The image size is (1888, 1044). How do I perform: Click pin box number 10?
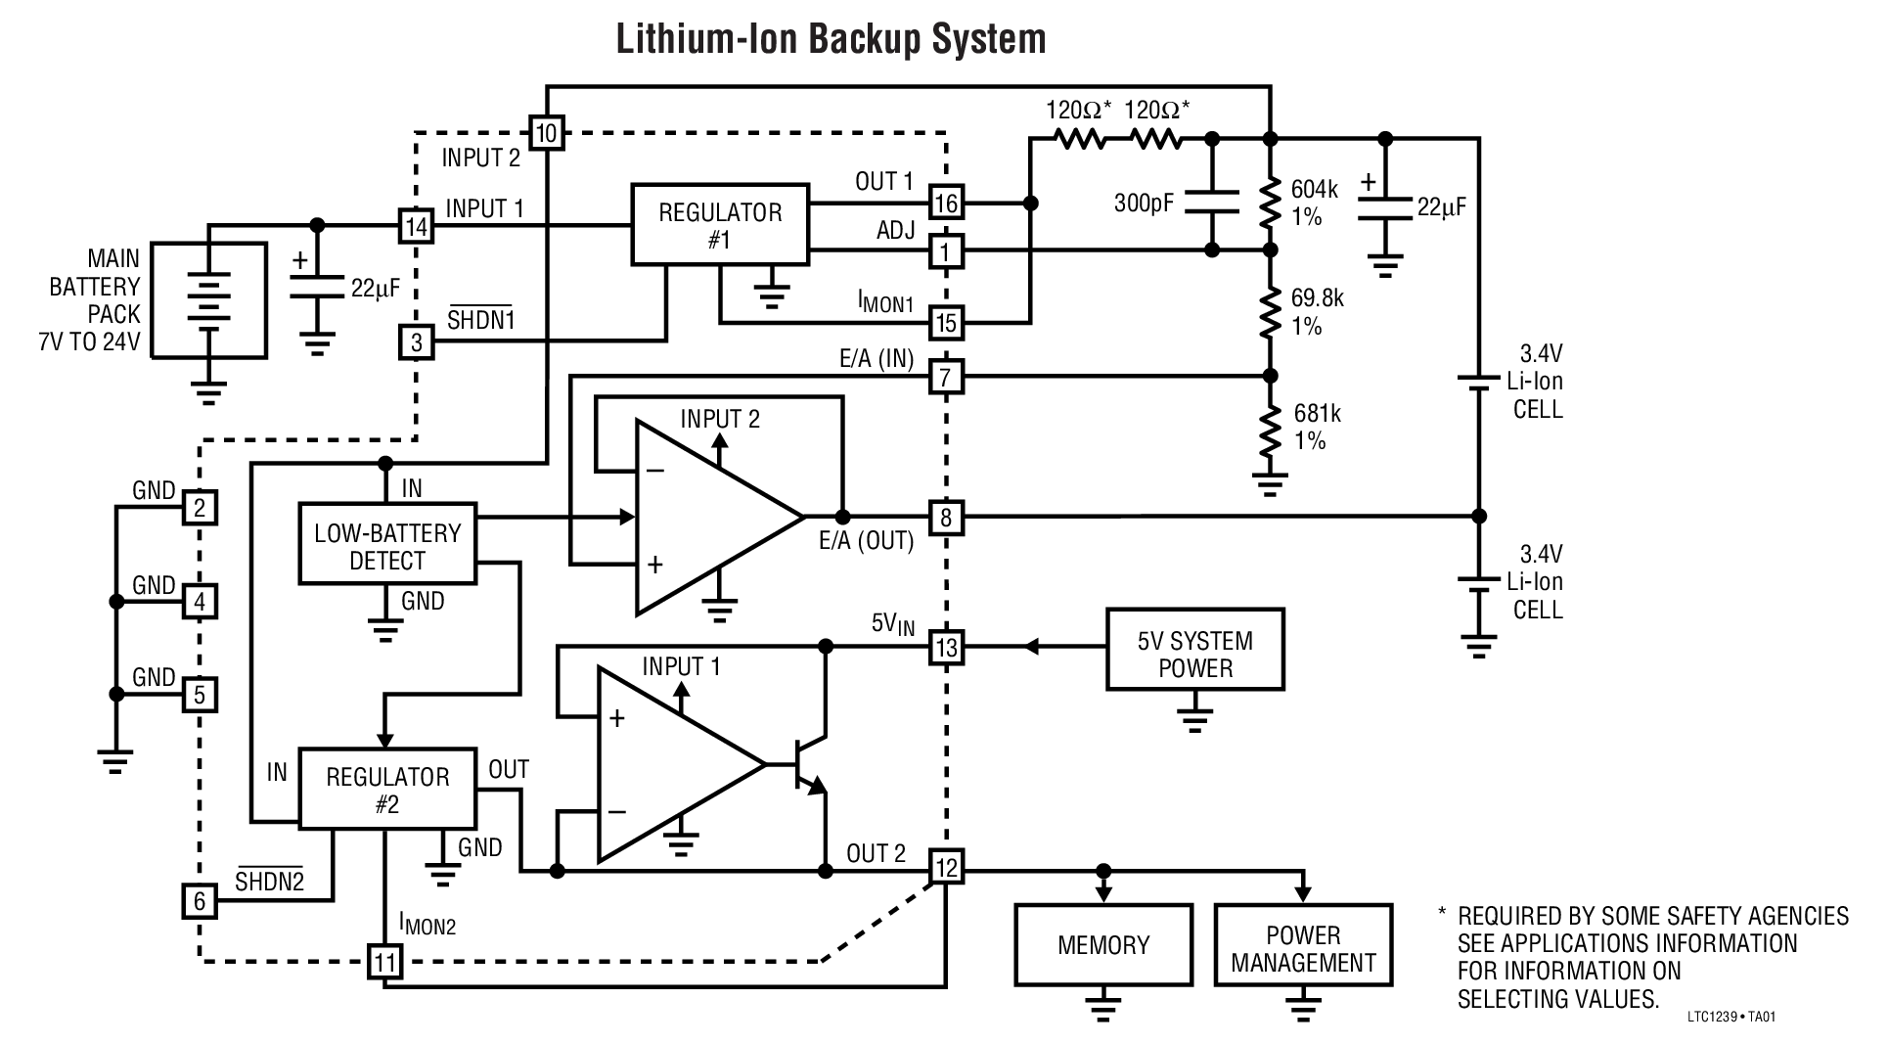[x=547, y=132]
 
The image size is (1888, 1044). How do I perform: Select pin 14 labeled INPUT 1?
[x=417, y=227]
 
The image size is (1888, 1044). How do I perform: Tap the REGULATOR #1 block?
[x=720, y=225]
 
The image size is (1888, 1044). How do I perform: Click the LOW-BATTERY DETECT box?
[x=387, y=546]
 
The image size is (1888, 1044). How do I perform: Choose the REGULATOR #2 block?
[x=387, y=790]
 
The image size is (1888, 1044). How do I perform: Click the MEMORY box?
[x=1102, y=944]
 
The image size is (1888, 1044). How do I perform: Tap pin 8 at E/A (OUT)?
[x=945, y=517]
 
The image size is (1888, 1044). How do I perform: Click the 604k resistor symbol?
[x=1270, y=203]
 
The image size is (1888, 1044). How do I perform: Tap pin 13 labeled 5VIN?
[x=946, y=647]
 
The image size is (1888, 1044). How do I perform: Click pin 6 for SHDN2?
[x=201, y=899]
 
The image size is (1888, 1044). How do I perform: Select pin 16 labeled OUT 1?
[x=946, y=204]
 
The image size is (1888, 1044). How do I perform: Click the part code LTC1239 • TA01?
[x=1731, y=1017]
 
